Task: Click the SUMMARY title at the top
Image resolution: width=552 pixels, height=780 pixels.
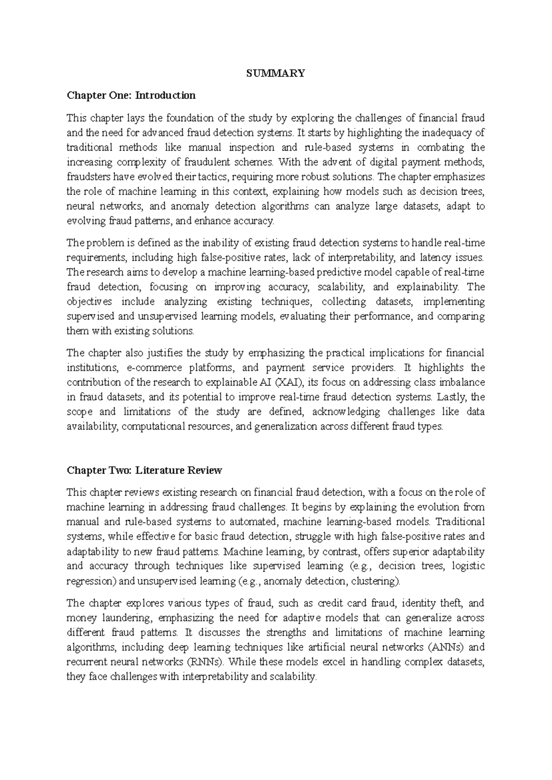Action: pos(276,73)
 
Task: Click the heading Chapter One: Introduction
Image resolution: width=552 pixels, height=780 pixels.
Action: pos(131,95)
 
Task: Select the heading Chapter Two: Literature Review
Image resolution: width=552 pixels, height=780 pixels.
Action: pos(144,470)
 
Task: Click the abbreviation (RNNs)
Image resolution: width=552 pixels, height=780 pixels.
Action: pos(205,662)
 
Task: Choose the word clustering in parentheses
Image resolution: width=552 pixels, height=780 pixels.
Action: pos(374,581)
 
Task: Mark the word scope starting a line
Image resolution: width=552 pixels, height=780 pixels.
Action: pos(80,412)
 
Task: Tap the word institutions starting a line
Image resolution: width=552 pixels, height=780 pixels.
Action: pos(91,367)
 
